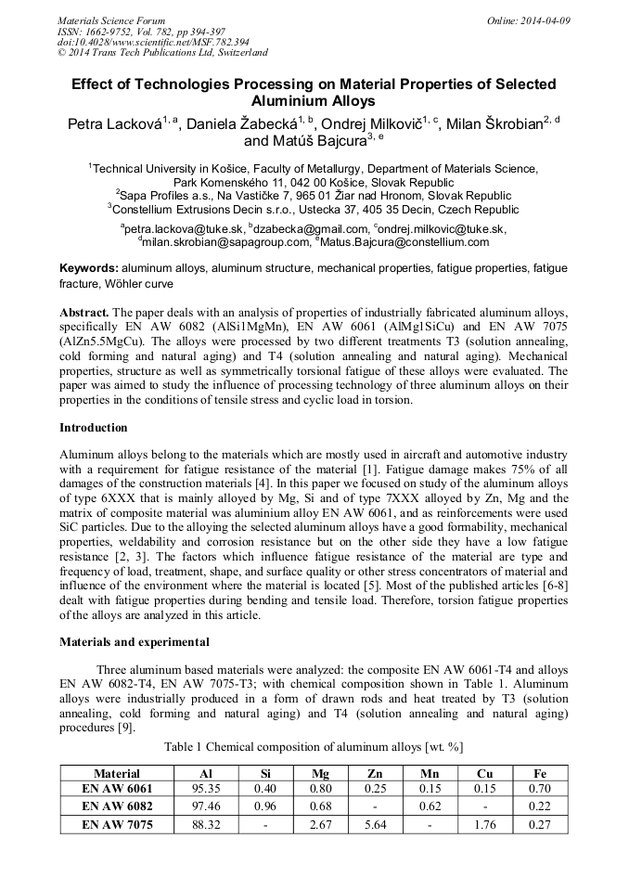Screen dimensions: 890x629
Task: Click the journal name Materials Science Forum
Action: (x=111, y=20)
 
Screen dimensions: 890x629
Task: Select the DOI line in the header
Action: (x=153, y=42)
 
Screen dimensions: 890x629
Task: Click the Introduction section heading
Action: (x=94, y=428)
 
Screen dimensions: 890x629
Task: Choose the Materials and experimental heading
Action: (x=134, y=641)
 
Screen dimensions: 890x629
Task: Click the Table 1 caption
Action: (x=314, y=746)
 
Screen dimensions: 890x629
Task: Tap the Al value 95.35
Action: (x=205, y=790)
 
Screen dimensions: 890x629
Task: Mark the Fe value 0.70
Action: (x=540, y=790)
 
